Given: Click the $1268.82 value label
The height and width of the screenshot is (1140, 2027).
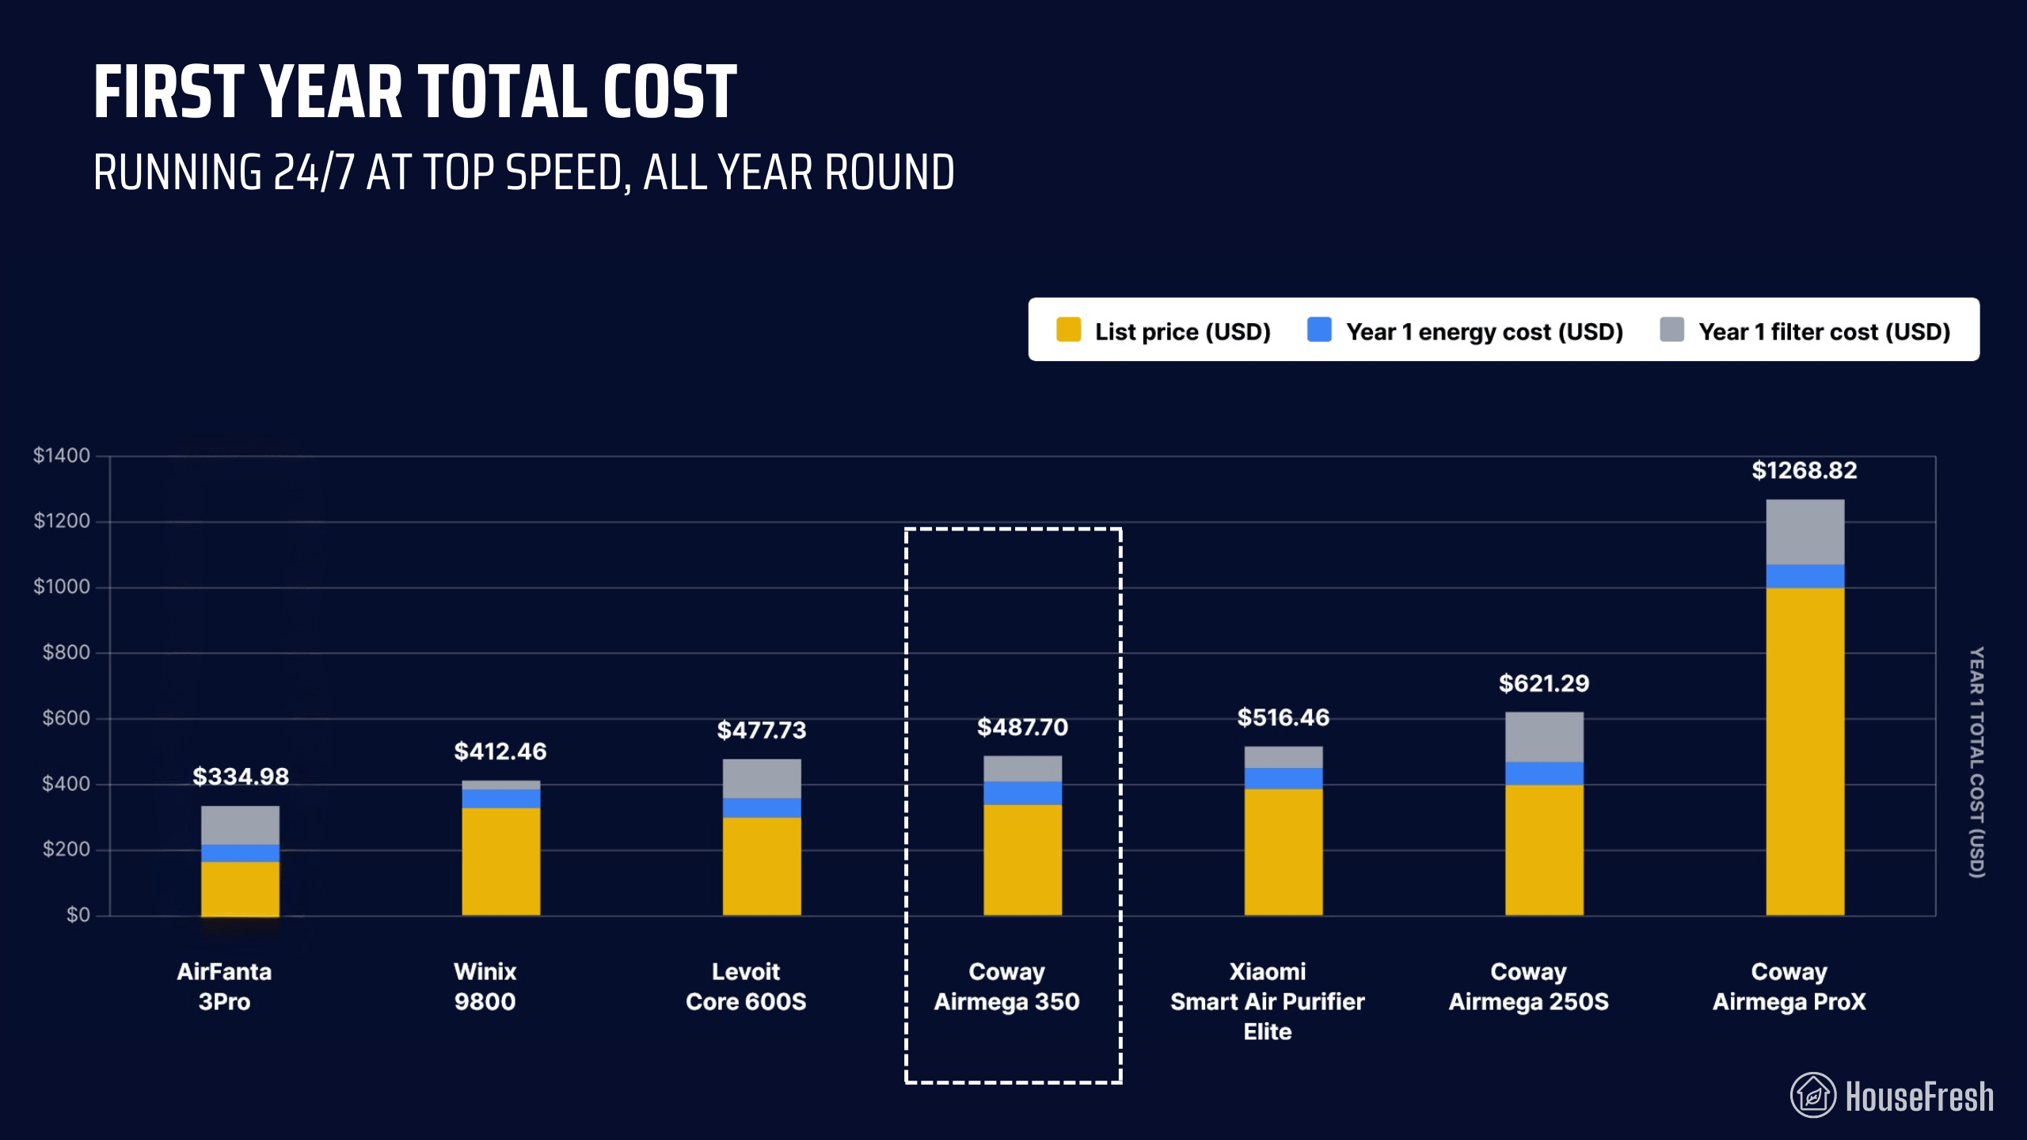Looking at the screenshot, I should click(x=1804, y=470).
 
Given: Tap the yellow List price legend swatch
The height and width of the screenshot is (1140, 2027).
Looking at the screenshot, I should click(x=1068, y=330).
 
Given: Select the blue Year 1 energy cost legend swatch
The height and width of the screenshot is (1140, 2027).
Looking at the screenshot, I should click(x=1319, y=330).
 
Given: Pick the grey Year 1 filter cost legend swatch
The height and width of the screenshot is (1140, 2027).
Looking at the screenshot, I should click(x=1671, y=330).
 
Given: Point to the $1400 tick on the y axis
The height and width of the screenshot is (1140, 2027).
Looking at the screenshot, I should click(x=61, y=455).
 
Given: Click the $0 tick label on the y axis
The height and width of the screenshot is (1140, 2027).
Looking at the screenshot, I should click(x=78, y=915).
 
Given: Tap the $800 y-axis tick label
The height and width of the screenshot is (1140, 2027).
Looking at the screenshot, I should click(x=66, y=652).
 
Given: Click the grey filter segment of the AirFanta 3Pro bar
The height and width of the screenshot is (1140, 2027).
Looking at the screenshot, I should click(x=240, y=825).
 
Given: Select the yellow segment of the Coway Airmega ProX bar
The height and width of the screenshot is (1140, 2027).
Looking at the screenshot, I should click(x=1805, y=752).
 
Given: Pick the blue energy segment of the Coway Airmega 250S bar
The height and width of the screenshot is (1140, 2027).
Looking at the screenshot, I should click(x=1544, y=773).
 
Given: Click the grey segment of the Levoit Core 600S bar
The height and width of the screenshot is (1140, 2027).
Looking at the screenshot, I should click(x=762, y=778).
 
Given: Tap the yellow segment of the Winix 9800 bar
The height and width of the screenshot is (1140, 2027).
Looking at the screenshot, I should click(x=500, y=861).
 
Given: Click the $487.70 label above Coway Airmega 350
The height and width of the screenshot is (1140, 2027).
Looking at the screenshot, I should click(x=1022, y=727).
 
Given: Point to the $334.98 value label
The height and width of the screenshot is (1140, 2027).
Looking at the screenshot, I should click(x=241, y=776).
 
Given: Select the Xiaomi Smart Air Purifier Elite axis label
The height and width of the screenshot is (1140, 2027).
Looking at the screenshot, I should click(x=1267, y=1001).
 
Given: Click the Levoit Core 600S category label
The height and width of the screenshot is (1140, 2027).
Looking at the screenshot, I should click(x=746, y=986).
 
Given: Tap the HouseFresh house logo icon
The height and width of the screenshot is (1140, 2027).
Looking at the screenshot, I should click(x=1812, y=1096).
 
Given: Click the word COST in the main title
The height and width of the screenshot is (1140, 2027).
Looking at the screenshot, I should click(x=670, y=93).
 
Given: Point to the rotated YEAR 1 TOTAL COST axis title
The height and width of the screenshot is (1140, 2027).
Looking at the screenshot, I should click(x=1976, y=762).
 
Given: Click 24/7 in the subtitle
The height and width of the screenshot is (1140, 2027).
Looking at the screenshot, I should click(x=313, y=173).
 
